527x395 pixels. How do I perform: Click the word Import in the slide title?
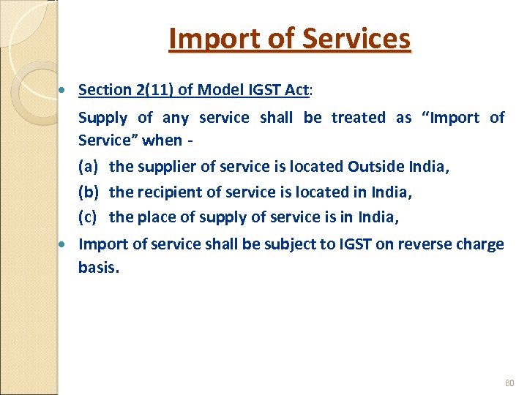pyautogui.click(x=212, y=39)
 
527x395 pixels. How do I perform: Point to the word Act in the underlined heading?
pyautogui.click(x=296, y=90)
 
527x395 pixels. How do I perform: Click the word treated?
pyautogui.click(x=358, y=118)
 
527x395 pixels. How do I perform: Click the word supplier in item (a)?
pyautogui.click(x=164, y=167)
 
